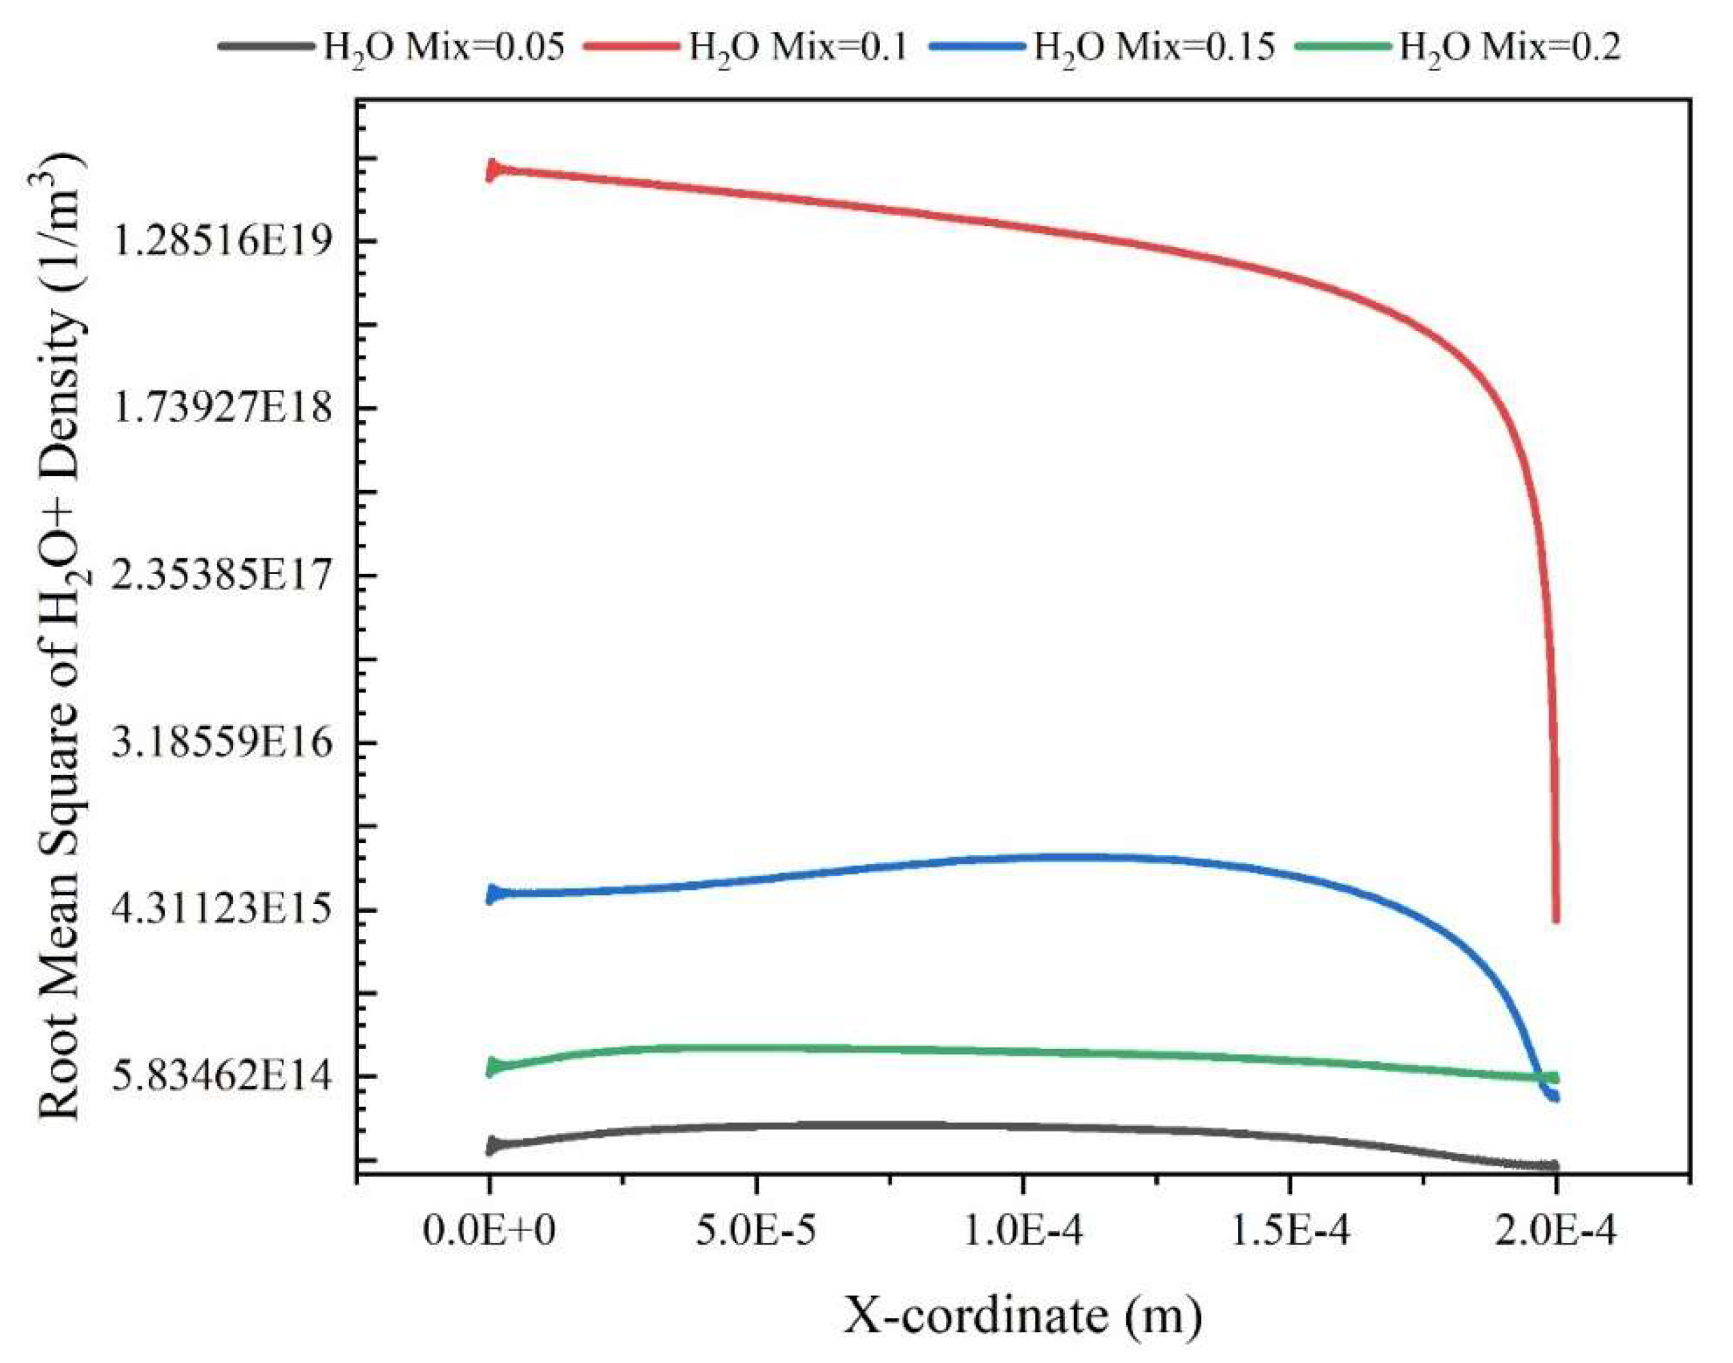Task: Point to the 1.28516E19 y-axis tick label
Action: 222,241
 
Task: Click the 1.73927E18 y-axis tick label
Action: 222,408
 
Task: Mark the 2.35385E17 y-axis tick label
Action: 222,575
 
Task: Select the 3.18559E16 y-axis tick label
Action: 222,743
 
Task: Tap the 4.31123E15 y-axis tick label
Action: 222,910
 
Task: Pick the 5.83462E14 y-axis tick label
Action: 222,1076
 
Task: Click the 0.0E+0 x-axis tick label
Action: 488,1232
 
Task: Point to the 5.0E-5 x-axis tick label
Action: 755,1232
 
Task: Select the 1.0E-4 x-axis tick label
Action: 1023,1232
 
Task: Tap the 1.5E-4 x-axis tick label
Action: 1289,1232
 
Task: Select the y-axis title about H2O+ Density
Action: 60,639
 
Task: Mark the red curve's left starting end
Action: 490,170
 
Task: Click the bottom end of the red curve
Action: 1555,920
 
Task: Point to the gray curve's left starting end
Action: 490,1146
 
